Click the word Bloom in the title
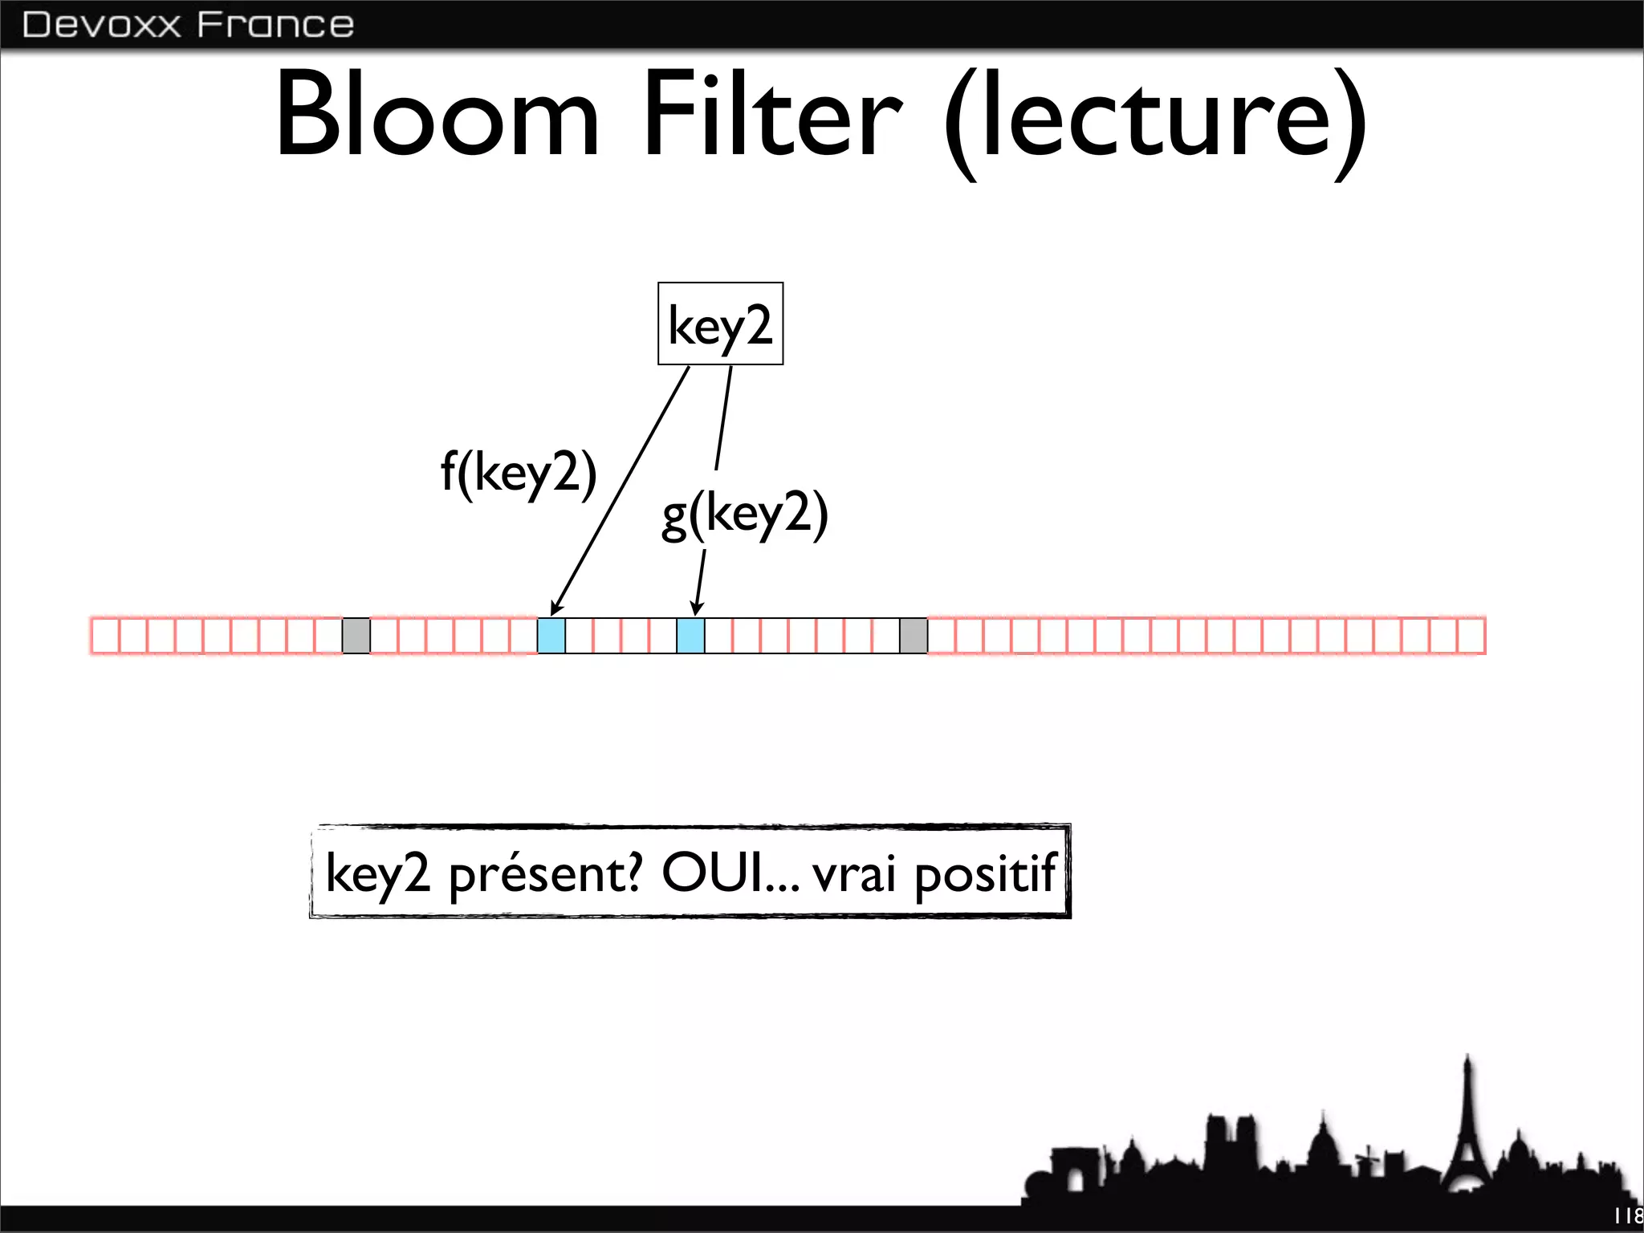click(437, 114)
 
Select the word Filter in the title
click(772, 114)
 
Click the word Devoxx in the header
click(102, 25)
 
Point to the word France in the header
click(275, 25)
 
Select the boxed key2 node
click(720, 324)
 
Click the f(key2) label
click(519, 472)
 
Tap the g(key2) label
click(744, 514)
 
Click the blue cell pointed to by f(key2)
click(551, 636)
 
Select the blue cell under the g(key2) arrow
click(690, 636)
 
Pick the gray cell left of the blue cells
click(356, 636)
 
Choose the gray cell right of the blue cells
click(914, 636)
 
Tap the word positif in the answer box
click(985, 873)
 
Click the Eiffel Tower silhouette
click(1467, 1140)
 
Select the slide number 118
click(1628, 1216)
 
